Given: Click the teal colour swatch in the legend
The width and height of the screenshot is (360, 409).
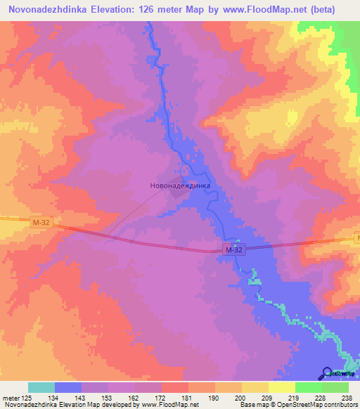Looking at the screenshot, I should point(41,387).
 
